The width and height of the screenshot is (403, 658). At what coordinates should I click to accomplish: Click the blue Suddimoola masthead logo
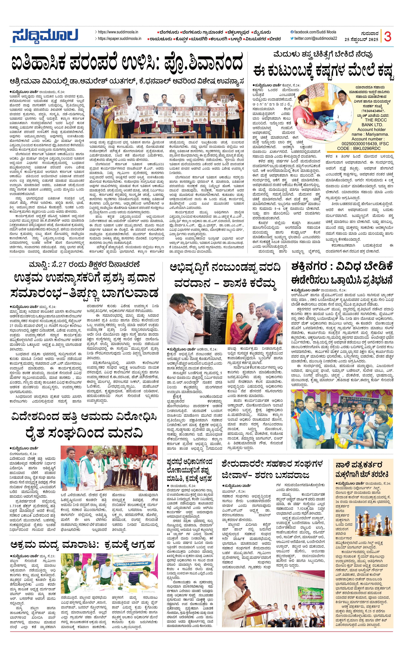(x=45, y=36)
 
